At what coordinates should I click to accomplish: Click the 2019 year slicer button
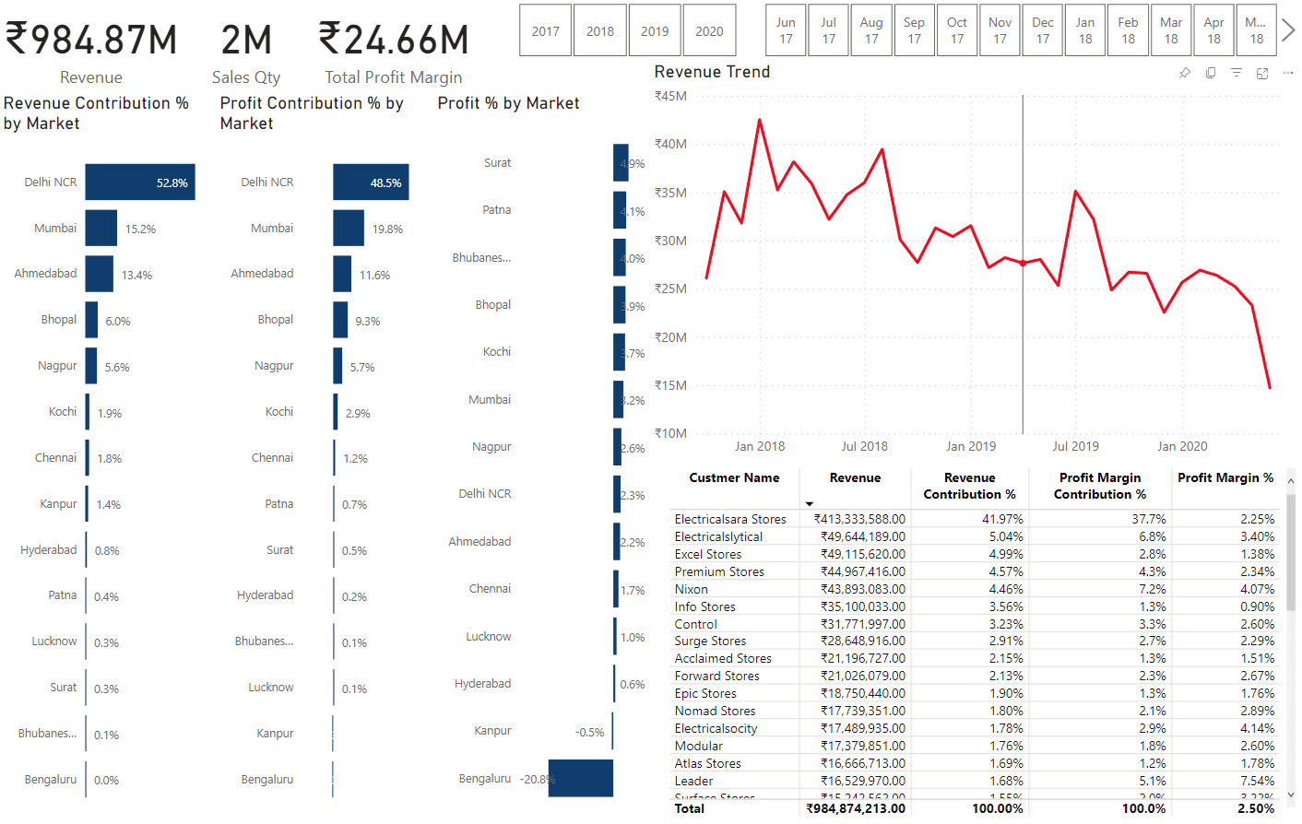(655, 30)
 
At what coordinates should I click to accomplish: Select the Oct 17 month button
(957, 30)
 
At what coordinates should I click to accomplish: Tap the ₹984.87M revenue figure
(91, 40)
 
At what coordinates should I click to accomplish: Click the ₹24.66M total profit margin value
(394, 40)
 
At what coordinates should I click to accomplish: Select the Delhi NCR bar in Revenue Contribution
(140, 182)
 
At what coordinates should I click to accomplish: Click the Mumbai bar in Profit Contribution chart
(349, 229)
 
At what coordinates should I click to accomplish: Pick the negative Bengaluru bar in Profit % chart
(581, 779)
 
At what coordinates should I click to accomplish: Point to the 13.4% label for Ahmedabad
(136, 276)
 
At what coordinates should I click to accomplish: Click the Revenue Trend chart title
(712, 72)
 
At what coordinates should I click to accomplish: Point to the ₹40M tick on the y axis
(670, 144)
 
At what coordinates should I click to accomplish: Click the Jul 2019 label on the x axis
(1076, 446)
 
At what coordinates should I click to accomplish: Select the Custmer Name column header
(734, 477)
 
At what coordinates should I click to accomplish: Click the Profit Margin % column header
(1225, 477)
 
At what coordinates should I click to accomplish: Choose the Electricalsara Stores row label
(730, 519)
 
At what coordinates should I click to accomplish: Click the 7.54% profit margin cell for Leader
(1257, 781)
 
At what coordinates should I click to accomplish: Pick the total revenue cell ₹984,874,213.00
(856, 808)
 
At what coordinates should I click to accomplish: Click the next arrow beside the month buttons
(1288, 30)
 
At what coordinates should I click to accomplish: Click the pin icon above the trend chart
(1185, 73)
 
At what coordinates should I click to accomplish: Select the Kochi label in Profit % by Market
(497, 352)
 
